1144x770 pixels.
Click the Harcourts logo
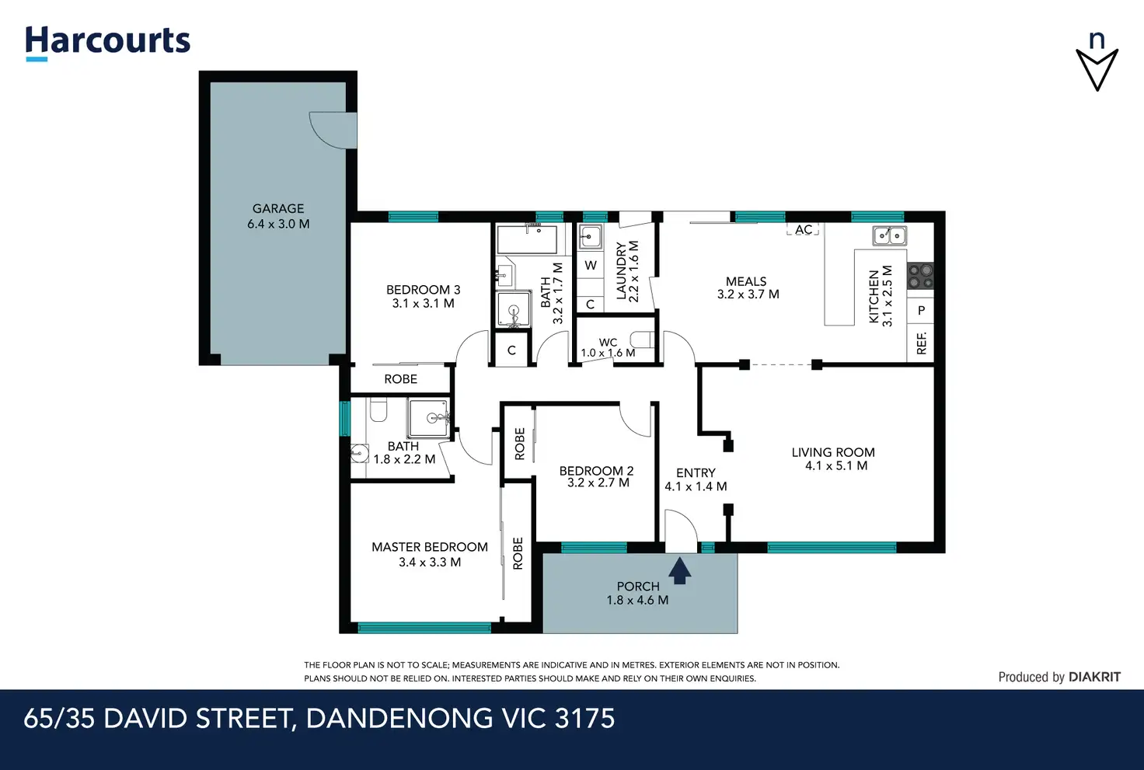(108, 43)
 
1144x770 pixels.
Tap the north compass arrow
(1097, 70)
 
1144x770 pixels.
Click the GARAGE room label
(278, 208)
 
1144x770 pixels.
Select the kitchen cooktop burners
(920, 276)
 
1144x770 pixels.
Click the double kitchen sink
(889, 235)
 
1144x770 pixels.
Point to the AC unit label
(804, 230)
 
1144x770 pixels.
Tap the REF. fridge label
(921, 343)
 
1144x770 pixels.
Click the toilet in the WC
(642, 340)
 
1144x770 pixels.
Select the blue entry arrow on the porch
(680, 570)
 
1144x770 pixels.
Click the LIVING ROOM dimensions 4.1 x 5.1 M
(836, 465)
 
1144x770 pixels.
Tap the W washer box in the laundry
(591, 265)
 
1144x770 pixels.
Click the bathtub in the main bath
(527, 239)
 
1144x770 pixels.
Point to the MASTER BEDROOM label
(430, 547)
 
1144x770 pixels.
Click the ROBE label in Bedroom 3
(400, 379)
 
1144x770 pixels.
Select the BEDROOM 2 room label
(596, 470)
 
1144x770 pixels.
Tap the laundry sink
(590, 237)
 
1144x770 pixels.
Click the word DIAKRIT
(1094, 677)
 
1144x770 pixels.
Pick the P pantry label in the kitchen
(921, 310)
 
